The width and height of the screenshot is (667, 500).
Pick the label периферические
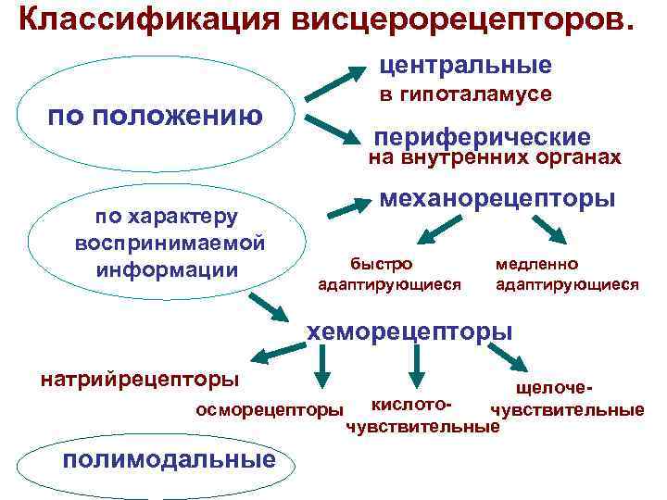(x=482, y=135)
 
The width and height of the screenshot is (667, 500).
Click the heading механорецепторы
(x=498, y=198)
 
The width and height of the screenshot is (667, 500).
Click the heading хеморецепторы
(x=409, y=331)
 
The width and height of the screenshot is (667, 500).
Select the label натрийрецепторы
(x=139, y=380)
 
